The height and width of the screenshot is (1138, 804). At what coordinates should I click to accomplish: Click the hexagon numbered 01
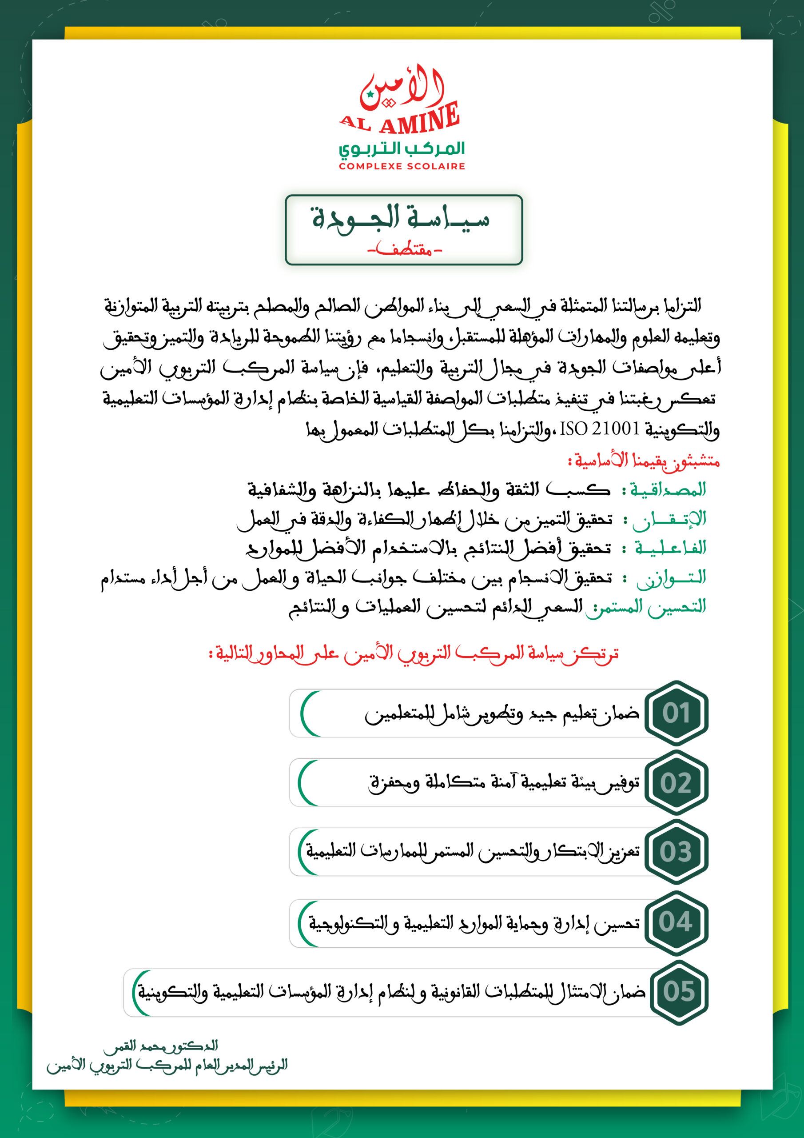(x=676, y=713)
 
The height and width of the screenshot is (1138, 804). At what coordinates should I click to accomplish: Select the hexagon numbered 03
(x=676, y=852)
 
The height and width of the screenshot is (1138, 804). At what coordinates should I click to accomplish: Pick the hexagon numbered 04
(x=676, y=922)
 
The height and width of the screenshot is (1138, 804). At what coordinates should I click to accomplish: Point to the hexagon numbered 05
(x=679, y=992)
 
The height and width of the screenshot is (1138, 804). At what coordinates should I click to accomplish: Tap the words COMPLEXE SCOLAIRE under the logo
(x=402, y=167)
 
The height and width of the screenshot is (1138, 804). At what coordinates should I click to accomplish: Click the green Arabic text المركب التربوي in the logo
(x=402, y=148)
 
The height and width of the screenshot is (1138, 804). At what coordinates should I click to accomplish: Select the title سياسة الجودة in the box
(x=401, y=218)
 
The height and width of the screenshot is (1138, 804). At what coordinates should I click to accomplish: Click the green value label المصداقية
(x=667, y=490)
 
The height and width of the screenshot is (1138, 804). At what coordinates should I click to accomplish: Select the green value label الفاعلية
(x=670, y=548)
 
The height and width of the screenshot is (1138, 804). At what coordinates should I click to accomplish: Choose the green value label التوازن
(x=671, y=578)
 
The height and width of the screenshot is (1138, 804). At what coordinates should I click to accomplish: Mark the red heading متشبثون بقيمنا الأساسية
(x=644, y=461)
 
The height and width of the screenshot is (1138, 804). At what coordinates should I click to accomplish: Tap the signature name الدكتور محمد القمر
(x=160, y=1046)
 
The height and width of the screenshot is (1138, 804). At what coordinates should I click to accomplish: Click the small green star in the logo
(x=370, y=94)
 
